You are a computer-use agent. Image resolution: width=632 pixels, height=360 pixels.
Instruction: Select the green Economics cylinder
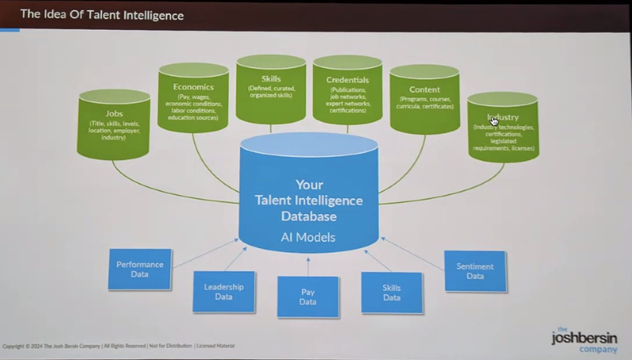click(x=194, y=99)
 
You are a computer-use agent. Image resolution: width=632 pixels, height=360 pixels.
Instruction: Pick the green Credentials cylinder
click(x=348, y=92)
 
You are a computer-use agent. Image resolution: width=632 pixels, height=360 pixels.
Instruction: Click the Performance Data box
click(x=139, y=268)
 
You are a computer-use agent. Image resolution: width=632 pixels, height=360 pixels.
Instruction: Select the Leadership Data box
click(x=224, y=292)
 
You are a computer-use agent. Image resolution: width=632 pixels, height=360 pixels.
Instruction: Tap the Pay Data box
click(x=308, y=297)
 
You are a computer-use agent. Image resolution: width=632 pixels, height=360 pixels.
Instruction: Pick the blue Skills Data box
click(x=392, y=292)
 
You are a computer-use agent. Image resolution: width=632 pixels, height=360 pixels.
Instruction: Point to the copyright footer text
click(x=118, y=346)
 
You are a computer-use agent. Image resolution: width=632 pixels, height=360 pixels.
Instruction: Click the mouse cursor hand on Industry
click(x=494, y=120)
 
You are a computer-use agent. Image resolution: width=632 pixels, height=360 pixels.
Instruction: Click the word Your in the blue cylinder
click(x=309, y=185)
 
